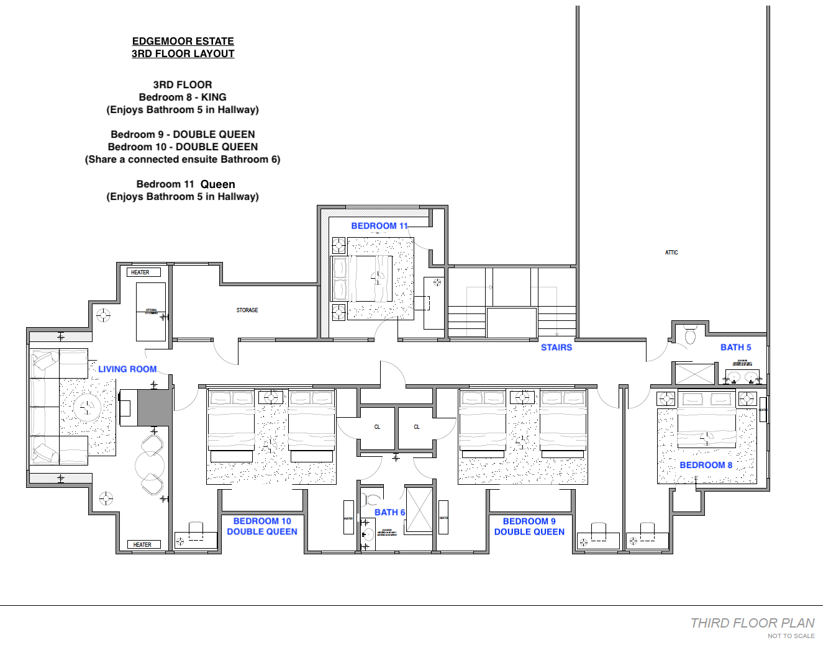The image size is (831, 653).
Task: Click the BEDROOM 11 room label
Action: (379, 226)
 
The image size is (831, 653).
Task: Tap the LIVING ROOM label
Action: (127, 369)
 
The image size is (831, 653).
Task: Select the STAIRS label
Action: (556, 348)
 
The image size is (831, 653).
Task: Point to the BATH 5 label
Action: (735, 348)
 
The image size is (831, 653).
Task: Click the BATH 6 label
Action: (389, 512)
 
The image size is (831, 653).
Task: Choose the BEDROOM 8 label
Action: (706, 465)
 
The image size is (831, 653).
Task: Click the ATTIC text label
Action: (671, 253)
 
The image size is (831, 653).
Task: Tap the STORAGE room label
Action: (247, 310)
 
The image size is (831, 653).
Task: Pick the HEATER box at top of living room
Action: (143, 272)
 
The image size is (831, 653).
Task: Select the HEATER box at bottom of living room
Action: (143, 544)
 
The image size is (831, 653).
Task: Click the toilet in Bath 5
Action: (690, 335)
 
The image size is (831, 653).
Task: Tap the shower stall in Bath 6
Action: (419, 510)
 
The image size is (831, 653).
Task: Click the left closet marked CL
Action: (377, 427)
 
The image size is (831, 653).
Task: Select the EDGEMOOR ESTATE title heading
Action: (183, 41)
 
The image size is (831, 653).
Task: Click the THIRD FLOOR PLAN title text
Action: (752, 623)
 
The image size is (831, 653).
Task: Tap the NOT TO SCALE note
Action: (791, 636)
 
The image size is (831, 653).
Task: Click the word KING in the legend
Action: (214, 97)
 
